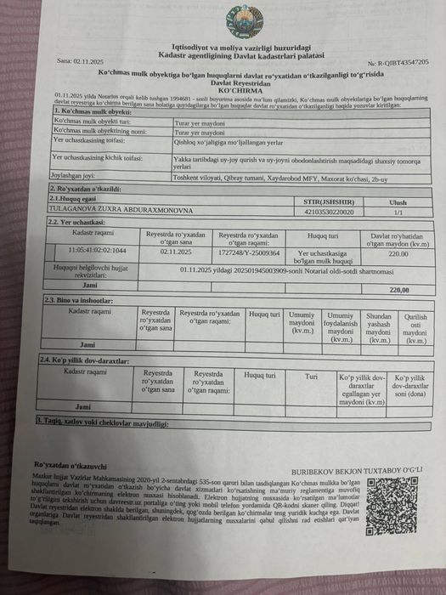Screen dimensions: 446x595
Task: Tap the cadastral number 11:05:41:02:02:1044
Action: pyautogui.click(x=98, y=252)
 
